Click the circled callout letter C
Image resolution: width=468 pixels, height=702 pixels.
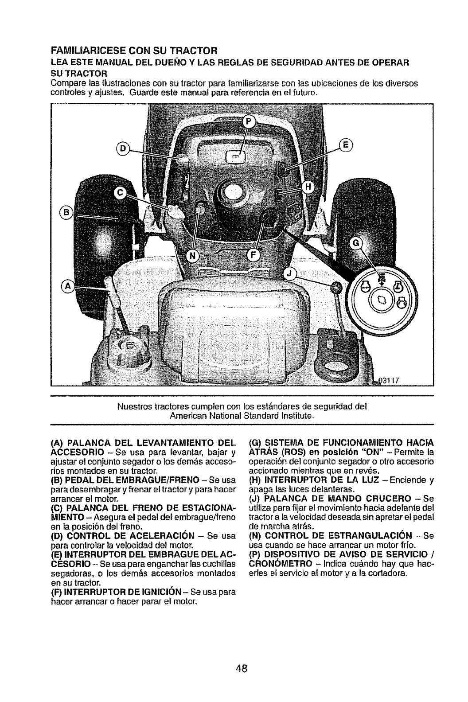[x=120, y=192]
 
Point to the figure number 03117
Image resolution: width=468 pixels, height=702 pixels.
[x=391, y=382]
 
